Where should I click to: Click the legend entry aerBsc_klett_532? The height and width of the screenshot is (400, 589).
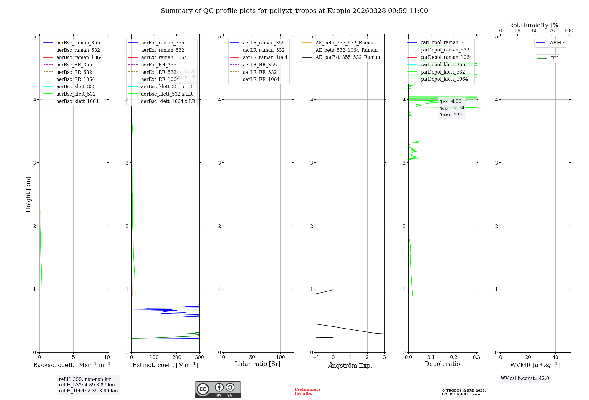coord(76,94)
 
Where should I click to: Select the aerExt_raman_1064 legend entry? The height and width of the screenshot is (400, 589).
coord(164,57)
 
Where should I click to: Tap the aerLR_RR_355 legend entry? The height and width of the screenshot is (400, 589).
coord(259,65)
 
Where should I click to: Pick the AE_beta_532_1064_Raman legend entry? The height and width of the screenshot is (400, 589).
coord(346,50)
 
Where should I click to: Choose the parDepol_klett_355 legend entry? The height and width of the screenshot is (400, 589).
coord(443,64)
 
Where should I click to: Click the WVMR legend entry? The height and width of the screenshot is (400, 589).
coord(557,43)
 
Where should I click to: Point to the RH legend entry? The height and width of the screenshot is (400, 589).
coord(554,59)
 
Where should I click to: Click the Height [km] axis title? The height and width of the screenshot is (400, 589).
coord(28,194)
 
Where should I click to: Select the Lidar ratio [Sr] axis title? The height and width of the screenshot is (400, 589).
coord(258,364)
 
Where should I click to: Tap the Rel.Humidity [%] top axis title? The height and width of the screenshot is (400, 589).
coord(535,25)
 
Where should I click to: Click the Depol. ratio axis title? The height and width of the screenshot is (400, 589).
coord(442,364)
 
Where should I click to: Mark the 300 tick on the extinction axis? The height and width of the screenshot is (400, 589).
coord(199,357)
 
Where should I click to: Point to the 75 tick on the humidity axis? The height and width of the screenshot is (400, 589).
coord(552,31)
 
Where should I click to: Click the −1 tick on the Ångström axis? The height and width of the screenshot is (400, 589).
coord(316,357)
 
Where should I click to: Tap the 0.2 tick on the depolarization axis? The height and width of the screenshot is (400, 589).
coord(454,357)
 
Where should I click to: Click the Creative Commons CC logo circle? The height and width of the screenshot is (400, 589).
coord(203,389)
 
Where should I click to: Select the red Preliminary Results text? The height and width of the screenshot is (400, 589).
coord(307,391)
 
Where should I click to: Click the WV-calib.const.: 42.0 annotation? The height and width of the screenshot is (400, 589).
coord(525,379)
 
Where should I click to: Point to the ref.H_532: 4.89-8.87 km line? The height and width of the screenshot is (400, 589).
coord(87,385)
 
